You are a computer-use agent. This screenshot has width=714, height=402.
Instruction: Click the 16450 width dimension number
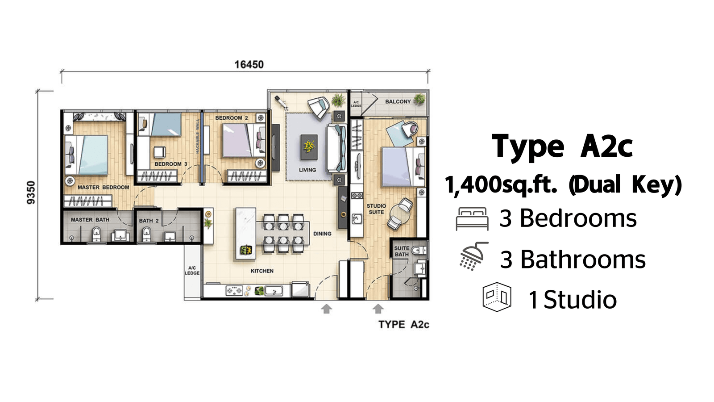click(249, 64)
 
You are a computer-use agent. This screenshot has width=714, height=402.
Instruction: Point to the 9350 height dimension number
click(31, 193)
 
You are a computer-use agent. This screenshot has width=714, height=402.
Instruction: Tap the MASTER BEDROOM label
click(103, 187)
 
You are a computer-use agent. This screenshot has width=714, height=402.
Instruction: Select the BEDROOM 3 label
click(171, 164)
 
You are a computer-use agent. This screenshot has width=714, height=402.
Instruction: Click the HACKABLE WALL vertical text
click(197, 136)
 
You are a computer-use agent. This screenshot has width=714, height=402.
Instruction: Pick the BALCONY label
click(398, 101)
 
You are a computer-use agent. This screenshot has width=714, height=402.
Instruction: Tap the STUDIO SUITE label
click(376, 209)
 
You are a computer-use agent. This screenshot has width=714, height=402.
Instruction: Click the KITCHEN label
click(262, 271)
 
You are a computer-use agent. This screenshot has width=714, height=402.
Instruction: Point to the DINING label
click(322, 234)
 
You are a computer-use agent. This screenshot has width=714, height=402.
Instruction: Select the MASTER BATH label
click(90, 220)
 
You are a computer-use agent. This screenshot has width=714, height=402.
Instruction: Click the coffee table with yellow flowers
click(309, 147)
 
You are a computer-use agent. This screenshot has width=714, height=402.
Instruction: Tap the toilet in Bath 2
click(146, 234)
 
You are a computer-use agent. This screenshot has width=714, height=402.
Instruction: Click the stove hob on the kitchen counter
click(234, 291)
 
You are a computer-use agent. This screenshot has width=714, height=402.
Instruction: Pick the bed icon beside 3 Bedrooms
click(472, 218)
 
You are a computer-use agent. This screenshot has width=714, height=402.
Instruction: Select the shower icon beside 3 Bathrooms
click(474, 256)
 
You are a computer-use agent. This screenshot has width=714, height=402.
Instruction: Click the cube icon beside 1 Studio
click(497, 297)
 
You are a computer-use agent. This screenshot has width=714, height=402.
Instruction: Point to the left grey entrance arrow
click(326, 309)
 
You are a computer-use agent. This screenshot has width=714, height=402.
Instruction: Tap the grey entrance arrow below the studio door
click(378, 309)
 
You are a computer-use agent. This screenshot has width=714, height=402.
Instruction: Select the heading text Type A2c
click(562, 147)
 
